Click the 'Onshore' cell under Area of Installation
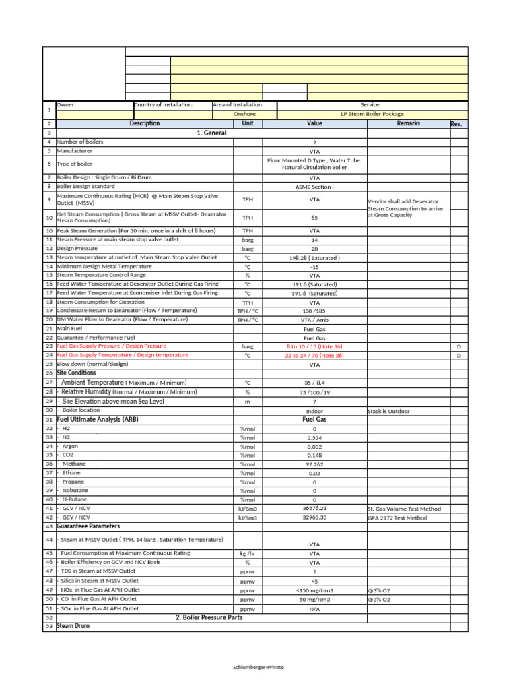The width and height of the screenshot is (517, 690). [244, 115]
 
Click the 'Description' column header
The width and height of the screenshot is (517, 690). [144, 124]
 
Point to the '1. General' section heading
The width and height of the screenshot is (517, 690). [211, 133]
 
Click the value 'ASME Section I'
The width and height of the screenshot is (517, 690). [314, 186]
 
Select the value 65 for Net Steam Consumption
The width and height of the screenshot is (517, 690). [314, 218]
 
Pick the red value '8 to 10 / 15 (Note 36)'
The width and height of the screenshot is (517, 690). [314, 346]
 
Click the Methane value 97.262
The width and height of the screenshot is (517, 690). [314, 464]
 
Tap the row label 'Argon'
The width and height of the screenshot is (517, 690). [70, 446]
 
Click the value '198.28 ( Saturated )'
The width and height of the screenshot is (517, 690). [314, 257]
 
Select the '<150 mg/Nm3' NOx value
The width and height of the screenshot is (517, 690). [314, 590]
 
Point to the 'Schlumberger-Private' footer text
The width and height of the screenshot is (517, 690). [258, 666]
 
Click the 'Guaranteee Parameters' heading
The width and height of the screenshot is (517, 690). [88, 526]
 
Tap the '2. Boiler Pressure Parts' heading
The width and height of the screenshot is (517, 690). [208, 617]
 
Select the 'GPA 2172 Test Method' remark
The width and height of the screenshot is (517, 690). [397, 518]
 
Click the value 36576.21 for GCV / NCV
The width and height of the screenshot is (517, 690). [314, 508]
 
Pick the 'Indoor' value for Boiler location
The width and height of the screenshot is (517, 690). [314, 411]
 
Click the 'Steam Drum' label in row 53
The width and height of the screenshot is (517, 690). [73, 626]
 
